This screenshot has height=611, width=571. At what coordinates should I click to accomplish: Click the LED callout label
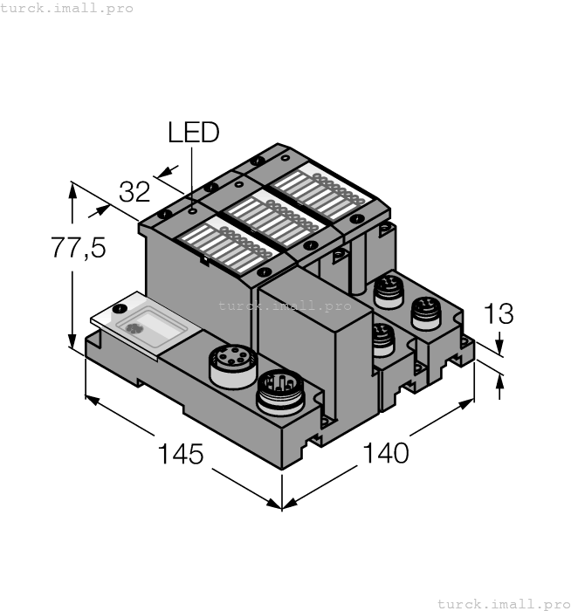coord(193,133)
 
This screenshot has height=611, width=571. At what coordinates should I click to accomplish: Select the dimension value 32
coord(134,191)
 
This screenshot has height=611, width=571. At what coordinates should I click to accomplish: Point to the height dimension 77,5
coord(78,248)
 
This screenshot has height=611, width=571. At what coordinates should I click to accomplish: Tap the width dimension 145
coord(180,454)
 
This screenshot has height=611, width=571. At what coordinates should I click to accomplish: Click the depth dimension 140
coord(385,453)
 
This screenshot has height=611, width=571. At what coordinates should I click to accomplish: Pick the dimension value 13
coord(498,313)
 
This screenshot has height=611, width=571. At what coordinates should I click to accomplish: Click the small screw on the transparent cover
coord(120,309)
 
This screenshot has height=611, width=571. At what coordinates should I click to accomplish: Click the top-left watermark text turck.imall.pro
coord(67,8)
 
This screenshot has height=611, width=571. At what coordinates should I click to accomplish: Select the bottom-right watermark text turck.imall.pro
coord(503,603)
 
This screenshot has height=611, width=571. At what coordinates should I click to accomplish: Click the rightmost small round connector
coord(425,312)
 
